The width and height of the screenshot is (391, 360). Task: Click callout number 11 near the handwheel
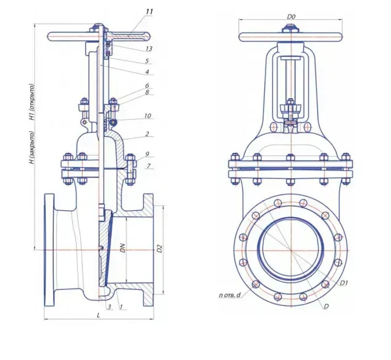149,11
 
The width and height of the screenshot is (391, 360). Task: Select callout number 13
149,49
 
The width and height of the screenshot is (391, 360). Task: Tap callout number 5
147,61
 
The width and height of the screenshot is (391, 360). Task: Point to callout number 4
147,72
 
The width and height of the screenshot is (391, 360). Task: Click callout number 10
148,116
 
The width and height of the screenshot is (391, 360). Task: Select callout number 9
147,154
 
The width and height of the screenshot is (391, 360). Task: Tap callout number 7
149,166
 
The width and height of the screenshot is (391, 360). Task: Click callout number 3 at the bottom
109,307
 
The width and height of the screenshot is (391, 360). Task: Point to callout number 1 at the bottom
121,307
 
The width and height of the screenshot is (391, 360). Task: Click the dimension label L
99,315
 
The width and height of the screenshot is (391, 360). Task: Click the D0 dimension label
291,17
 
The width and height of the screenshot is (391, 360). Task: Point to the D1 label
344,283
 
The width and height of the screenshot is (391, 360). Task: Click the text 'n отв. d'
230,295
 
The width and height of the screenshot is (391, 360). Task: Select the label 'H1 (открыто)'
32,102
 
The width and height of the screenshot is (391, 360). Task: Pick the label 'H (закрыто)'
32,148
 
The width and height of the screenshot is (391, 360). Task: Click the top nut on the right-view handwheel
291,28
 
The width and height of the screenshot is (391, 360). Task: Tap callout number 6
147,86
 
